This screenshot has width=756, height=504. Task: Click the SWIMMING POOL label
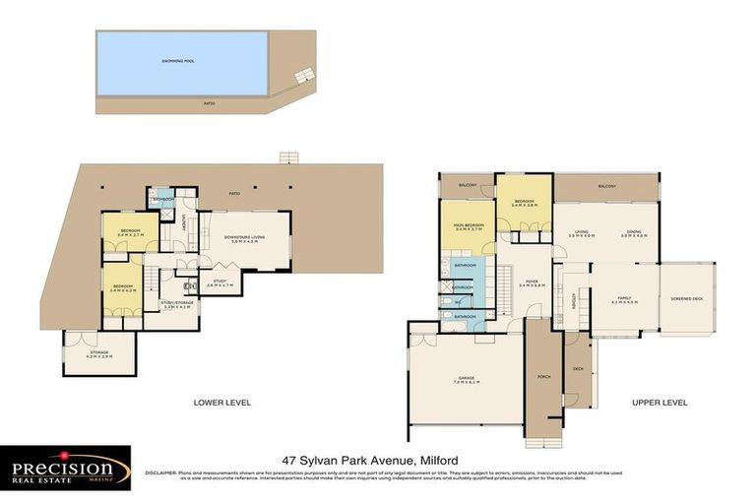pyautogui.click(x=178, y=61)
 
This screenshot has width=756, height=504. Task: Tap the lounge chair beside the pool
pyautogui.click(x=305, y=74)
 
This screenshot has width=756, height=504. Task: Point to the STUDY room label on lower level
pyautogui.click(x=219, y=282)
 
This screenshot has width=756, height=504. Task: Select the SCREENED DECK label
pyautogui.click(x=686, y=299)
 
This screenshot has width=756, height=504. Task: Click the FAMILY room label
pyautogui.click(x=624, y=301)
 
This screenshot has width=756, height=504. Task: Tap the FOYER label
pyautogui.click(x=532, y=283)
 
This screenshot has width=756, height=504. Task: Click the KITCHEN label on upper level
pyautogui.click(x=574, y=301)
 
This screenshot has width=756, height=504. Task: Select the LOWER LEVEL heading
pyautogui.click(x=222, y=403)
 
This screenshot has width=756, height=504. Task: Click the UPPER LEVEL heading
pyautogui.click(x=660, y=403)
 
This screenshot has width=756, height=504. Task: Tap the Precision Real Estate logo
pyautogui.click(x=66, y=468)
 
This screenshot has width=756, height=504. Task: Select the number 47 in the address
pyautogui.click(x=289, y=460)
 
